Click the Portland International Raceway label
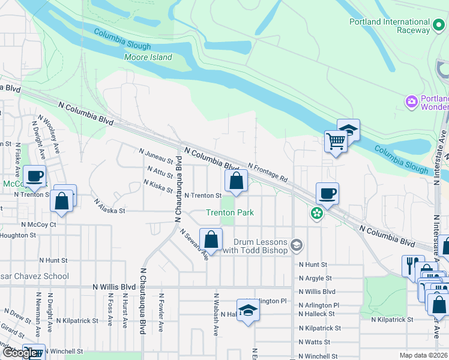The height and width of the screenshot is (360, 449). [x=390, y=22]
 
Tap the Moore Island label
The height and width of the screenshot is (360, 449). [x=148, y=58]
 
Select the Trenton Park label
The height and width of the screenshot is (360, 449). [x=230, y=212]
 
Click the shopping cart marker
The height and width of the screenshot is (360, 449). [x=336, y=142]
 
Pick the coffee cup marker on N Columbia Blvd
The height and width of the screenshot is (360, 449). [x=327, y=194]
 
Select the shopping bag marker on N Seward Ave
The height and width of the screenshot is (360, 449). [x=211, y=239]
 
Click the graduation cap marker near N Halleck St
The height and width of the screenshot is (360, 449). [x=247, y=310]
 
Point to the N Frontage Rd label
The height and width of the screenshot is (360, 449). [x=267, y=173]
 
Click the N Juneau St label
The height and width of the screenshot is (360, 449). [x=155, y=157]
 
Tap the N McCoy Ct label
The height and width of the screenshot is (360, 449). [x=38, y=224]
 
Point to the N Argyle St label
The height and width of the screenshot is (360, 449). [x=315, y=278]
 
